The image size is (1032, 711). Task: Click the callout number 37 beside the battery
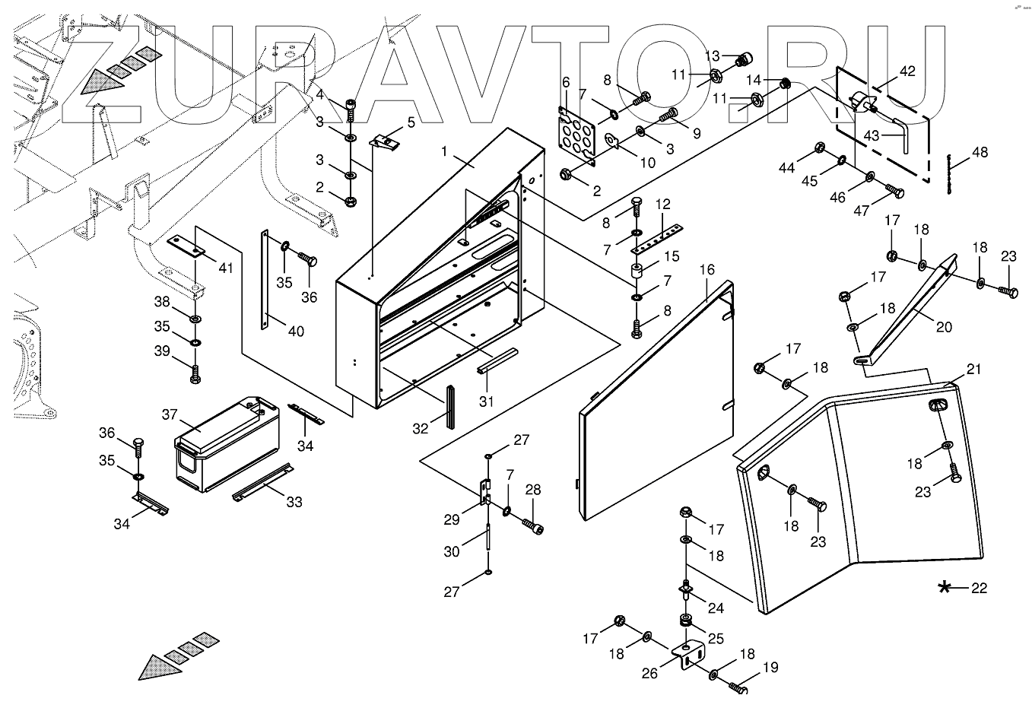pyautogui.click(x=170, y=414)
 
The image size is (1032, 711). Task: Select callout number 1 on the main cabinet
pyautogui.click(x=444, y=151)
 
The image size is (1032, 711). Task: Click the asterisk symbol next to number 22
pyautogui.click(x=944, y=588)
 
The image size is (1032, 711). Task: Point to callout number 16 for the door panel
pyautogui.click(x=707, y=269)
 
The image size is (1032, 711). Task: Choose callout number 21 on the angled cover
pyautogui.click(x=973, y=369)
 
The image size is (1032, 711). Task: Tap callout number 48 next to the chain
pyautogui.click(x=980, y=152)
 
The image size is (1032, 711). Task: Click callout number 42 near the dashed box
pyautogui.click(x=907, y=71)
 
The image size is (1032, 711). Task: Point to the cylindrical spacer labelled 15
pyautogui.click(x=637, y=271)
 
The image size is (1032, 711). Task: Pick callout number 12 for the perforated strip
pyautogui.click(x=662, y=204)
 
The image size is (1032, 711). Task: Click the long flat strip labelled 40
pyautogui.click(x=265, y=279)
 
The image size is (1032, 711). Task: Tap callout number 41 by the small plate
pyautogui.click(x=226, y=268)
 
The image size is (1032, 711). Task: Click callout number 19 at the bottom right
pyautogui.click(x=771, y=667)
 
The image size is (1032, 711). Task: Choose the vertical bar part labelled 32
pyautogui.click(x=450, y=408)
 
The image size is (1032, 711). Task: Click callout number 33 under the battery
pyautogui.click(x=294, y=502)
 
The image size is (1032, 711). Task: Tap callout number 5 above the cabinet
pyautogui.click(x=411, y=122)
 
